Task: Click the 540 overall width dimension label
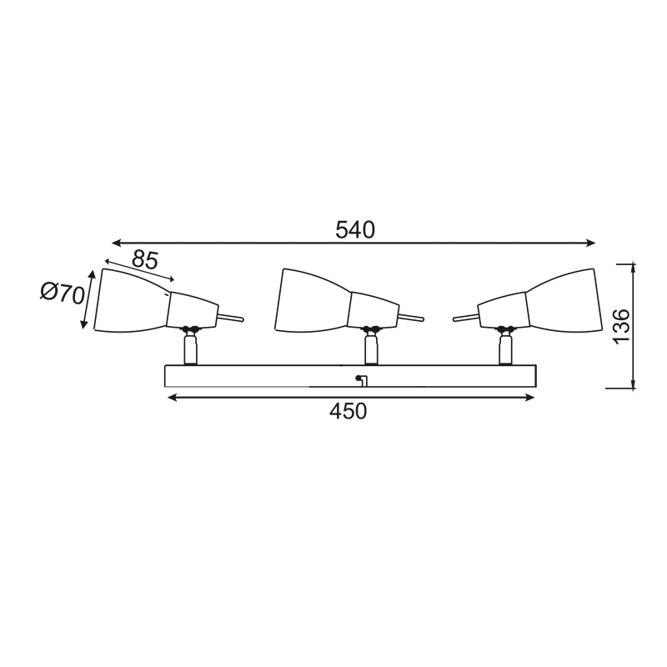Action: [355, 229]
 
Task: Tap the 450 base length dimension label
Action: [348, 411]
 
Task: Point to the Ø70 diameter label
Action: [63, 293]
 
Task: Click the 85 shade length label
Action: [144, 260]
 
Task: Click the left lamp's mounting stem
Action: [191, 348]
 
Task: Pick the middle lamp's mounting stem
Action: [370, 348]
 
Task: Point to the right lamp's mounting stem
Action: [504, 348]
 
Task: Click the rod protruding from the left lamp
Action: [230, 318]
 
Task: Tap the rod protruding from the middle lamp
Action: [410, 317]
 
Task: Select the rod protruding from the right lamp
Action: [465, 317]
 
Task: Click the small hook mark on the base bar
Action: [360, 380]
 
